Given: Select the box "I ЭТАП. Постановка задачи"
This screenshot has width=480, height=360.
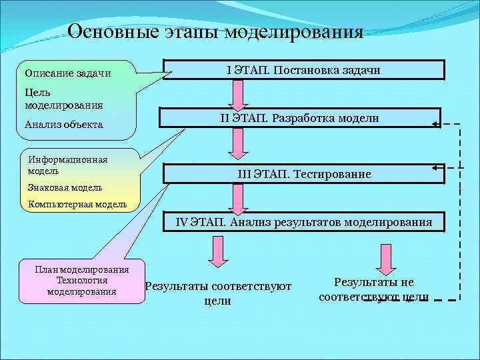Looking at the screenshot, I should pyautogui.click(x=304, y=70).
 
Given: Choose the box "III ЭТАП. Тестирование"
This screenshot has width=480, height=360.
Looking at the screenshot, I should pyautogui.click(x=304, y=173).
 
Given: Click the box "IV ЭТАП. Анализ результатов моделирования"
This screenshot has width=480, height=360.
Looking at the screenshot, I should pyautogui.click(x=304, y=222).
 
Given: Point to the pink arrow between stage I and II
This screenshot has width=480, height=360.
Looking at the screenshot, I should pyautogui.click(x=236, y=93).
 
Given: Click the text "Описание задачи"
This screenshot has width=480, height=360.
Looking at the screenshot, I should pyautogui.click(x=67, y=73).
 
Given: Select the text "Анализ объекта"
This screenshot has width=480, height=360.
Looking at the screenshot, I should pyautogui.click(x=63, y=124).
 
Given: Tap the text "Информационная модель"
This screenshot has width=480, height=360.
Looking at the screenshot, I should pyautogui.click(x=67, y=165).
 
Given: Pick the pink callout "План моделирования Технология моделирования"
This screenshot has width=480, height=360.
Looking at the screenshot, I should pyautogui.click(x=83, y=281).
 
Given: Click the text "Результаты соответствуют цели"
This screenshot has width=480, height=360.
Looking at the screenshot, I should pyautogui.click(x=218, y=293).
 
